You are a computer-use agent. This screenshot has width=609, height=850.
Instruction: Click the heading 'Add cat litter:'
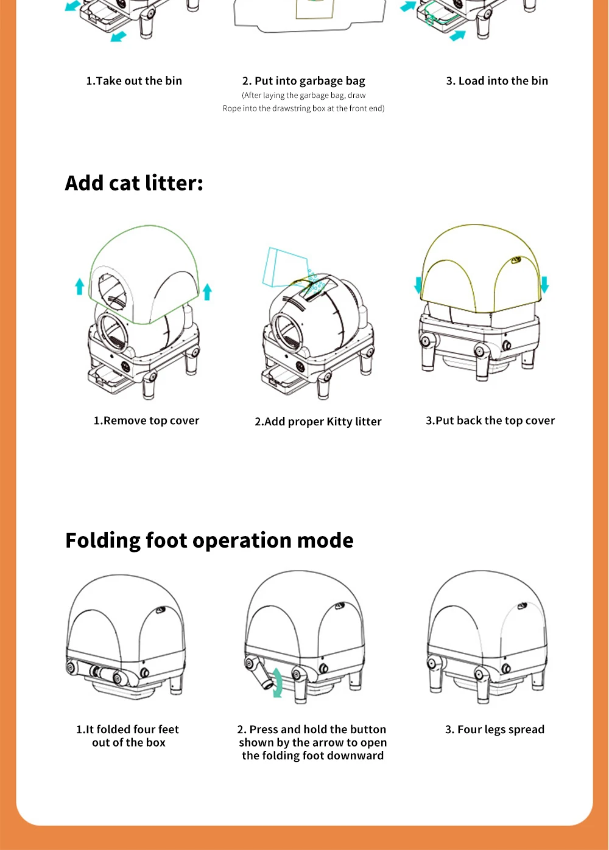coord(134,183)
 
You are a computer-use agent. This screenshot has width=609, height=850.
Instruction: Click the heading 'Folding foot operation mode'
coord(209,540)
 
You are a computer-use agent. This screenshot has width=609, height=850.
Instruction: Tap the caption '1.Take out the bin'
coord(134,81)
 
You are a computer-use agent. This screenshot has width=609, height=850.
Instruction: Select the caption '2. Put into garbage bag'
coord(303,81)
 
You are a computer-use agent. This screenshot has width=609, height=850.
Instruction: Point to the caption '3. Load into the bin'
coord(497,81)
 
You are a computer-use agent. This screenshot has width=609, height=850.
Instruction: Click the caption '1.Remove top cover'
coord(146,420)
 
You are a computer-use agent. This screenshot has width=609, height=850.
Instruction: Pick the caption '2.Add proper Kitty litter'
coord(318,422)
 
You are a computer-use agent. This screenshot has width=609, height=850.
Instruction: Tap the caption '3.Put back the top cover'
coord(490,420)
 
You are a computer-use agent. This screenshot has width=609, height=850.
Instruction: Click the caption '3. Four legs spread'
coord(495,730)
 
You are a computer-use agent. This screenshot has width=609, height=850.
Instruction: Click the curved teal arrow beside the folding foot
coord(278,681)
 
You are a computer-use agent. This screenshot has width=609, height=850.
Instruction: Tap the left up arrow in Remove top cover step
coord(79,286)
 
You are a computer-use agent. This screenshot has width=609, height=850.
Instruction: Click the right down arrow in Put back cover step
coord(544,284)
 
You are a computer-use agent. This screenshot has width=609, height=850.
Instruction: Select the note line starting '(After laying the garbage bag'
coord(303,96)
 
